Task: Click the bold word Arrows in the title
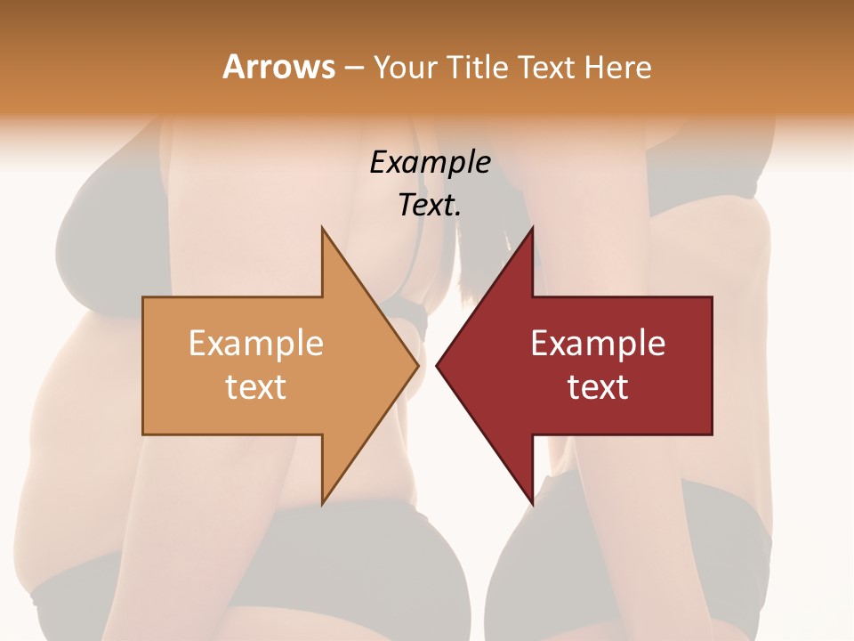click(278, 67)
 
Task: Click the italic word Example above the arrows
click(430, 162)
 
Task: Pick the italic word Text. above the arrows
click(430, 205)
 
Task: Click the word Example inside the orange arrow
click(256, 343)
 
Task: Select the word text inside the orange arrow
click(256, 386)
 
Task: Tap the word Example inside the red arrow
click(598, 343)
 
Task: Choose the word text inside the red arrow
click(598, 386)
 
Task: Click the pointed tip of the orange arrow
click(417, 365)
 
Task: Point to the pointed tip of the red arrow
click(437, 365)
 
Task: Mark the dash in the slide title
click(353, 68)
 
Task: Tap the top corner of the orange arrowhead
click(323, 228)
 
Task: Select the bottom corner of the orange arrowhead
click(323, 504)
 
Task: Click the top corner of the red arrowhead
click(532, 228)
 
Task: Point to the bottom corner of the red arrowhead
click(532, 504)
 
